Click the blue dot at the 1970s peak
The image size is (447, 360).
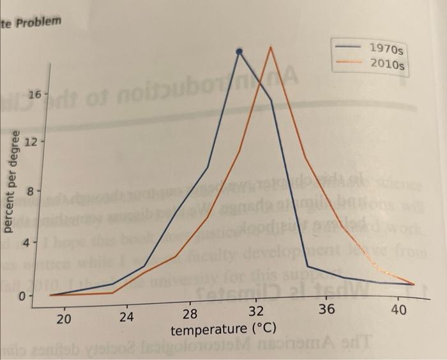239,52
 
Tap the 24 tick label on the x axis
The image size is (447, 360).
126,315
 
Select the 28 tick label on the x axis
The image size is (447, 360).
190,313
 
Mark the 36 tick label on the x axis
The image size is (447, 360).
326,310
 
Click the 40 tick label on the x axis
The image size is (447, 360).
398,308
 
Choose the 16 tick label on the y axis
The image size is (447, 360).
33,94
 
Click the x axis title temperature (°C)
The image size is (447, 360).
223,329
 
